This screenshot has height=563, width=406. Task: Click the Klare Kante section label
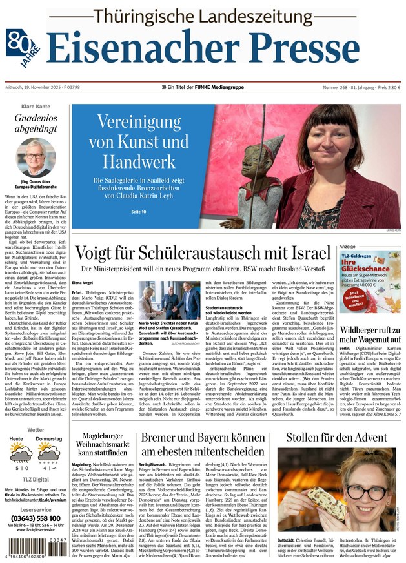[36, 106]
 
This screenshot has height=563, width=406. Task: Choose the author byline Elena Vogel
[83, 282]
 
